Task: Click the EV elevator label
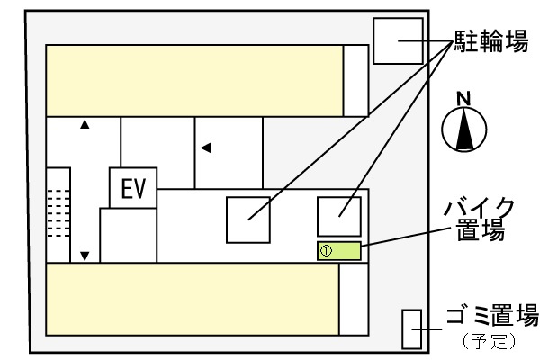point(133,188)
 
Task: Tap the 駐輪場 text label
point(491,41)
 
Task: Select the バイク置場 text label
point(480,219)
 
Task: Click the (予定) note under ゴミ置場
point(489,341)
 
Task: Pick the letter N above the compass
point(463,98)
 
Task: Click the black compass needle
point(464,129)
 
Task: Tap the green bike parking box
point(339,251)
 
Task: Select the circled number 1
point(326,251)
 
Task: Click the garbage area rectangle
point(412,329)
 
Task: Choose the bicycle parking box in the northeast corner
point(399,41)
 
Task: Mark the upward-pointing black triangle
point(85,124)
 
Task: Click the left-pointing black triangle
point(206,148)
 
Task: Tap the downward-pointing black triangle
point(85,256)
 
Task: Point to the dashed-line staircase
point(58,213)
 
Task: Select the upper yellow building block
point(194,81)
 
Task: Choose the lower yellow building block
point(193,299)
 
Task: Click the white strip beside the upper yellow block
point(355,81)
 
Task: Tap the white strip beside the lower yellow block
point(354,299)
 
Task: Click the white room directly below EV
point(129,235)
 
